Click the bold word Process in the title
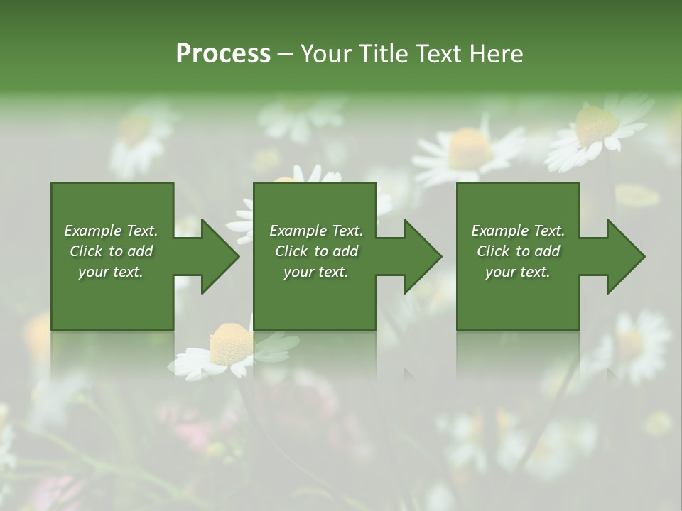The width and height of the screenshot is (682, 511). click(223, 54)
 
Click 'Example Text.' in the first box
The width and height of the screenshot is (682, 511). click(111, 231)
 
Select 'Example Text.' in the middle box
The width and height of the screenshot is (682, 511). click(315, 231)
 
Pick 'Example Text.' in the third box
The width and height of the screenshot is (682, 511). click(518, 231)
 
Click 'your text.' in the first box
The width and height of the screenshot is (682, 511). click(111, 272)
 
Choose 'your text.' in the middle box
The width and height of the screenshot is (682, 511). click(315, 272)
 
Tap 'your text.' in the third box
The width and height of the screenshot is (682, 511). click(518, 272)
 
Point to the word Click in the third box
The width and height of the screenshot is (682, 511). click(494, 251)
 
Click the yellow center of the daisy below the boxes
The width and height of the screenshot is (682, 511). click(231, 341)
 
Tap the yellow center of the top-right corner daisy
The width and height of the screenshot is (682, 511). click(595, 126)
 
